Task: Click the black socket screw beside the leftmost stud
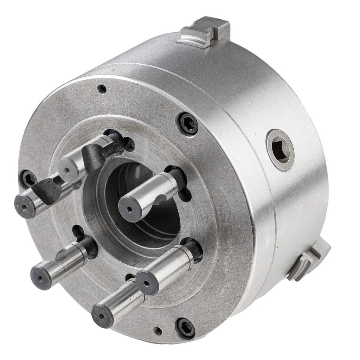click(x=28, y=179)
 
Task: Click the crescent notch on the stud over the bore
click(x=162, y=200)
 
